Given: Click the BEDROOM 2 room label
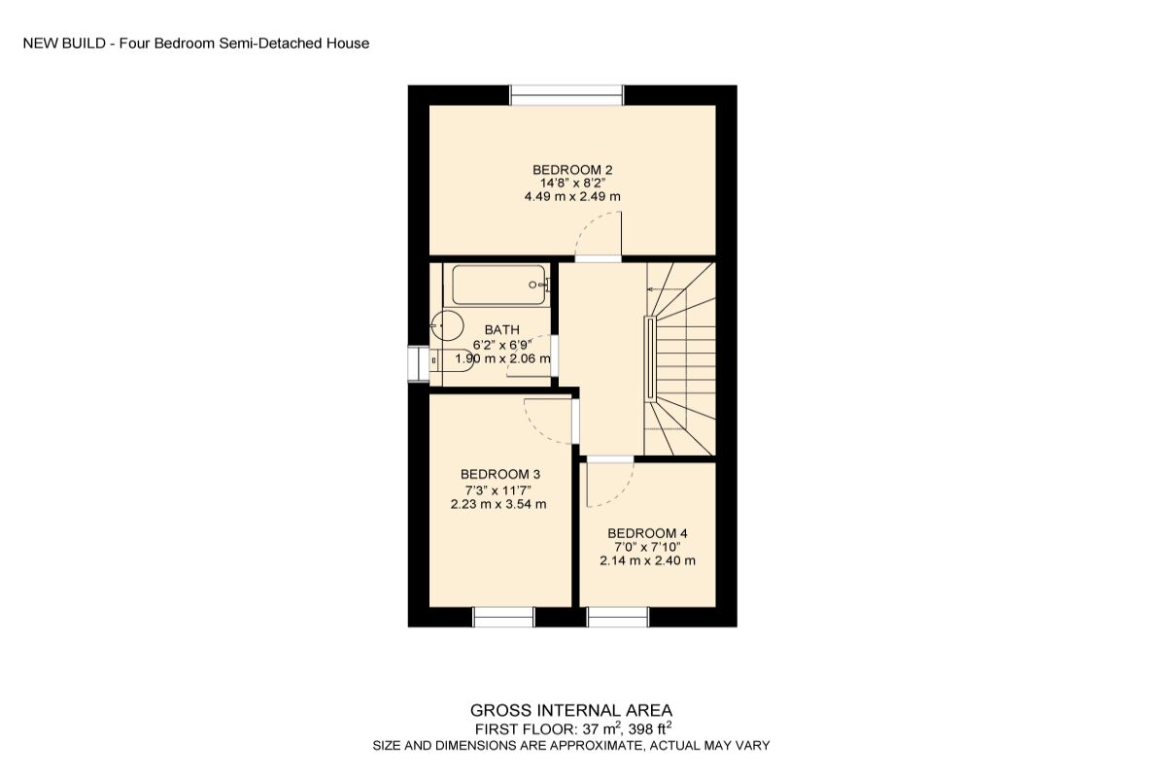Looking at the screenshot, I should click(x=572, y=169).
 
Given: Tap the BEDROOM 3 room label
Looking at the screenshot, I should click(x=500, y=474).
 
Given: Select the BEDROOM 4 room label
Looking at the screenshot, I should click(x=647, y=533).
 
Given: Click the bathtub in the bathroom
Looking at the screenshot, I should click(x=497, y=285).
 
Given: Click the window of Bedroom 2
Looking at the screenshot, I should click(x=566, y=94).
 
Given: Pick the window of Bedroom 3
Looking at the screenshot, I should click(x=504, y=617).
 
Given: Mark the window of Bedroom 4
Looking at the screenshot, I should click(x=618, y=617).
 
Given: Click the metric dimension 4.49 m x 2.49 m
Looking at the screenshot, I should click(x=572, y=196).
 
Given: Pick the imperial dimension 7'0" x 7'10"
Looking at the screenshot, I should click(x=647, y=547).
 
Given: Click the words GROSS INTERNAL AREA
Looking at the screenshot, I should click(x=571, y=711).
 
